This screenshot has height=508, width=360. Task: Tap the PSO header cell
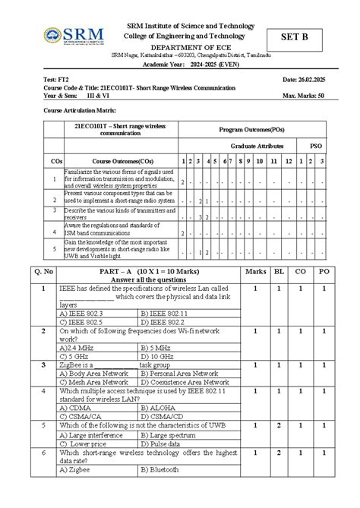(x=314, y=145)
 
